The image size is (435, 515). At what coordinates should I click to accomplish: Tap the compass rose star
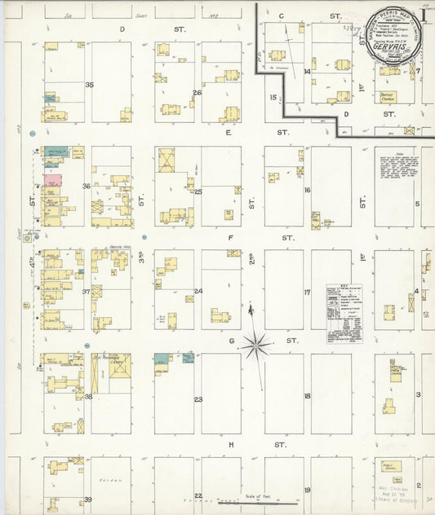coord(256,345)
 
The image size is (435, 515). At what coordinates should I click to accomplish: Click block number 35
coord(89,85)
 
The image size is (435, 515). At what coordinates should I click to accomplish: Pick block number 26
coord(198,92)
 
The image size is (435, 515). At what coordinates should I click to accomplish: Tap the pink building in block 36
coord(51,179)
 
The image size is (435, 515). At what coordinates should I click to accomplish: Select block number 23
coord(198,399)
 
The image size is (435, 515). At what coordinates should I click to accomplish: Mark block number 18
coord(308,396)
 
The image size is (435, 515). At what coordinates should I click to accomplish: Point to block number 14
coord(308,72)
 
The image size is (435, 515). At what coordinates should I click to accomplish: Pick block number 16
coord(308,190)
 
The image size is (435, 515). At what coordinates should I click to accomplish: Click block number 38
coord(89,397)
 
